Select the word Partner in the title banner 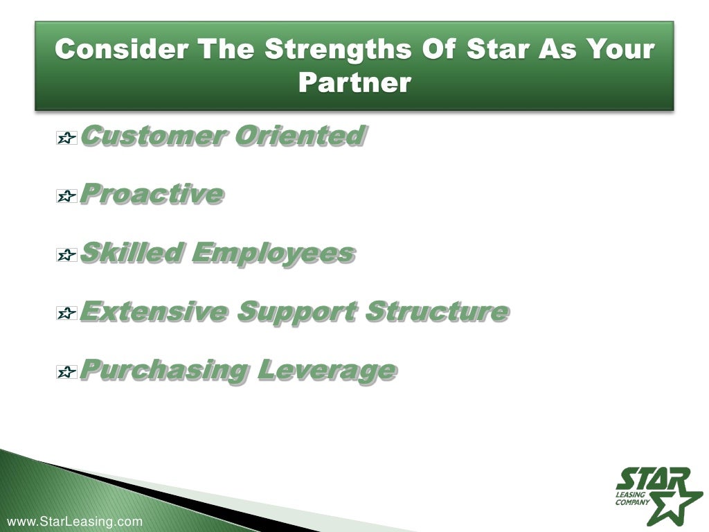click(x=354, y=82)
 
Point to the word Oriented click(x=299, y=135)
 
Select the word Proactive click(x=152, y=194)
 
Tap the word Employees click(x=273, y=253)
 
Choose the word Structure click(x=437, y=312)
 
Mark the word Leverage click(x=327, y=371)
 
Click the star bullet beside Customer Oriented click(x=66, y=139)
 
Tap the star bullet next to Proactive click(x=66, y=197)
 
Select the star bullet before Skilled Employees click(x=66, y=256)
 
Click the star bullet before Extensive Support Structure click(x=66, y=314)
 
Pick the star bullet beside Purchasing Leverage click(x=66, y=373)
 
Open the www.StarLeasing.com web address click(x=74, y=522)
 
